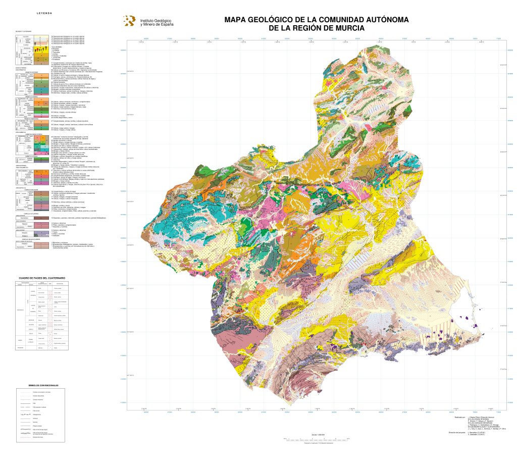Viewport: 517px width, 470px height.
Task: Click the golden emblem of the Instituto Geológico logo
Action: [x=130, y=20]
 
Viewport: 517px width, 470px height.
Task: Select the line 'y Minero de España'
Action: [x=157, y=24]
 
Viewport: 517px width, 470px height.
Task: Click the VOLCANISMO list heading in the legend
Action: [x=57, y=46]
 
